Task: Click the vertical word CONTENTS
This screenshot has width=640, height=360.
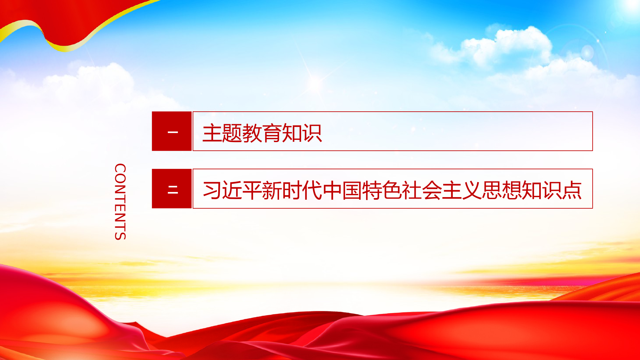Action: tap(120, 202)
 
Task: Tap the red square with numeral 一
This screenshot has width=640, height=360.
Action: tap(172, 131)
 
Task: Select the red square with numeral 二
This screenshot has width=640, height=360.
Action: tap(172, 189)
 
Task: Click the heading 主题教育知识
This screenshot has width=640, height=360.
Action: tap(262, 133)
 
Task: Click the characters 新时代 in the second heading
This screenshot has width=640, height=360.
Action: tap(292, 190)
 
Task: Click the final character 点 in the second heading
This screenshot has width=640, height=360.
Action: tap(572, 190)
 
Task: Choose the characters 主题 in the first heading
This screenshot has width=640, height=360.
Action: tap(222, 133)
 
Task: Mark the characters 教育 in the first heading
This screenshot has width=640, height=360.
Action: tap(262, 133)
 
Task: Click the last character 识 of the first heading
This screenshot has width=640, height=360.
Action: tap(312, 133)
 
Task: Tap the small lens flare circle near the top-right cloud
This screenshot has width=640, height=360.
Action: tap(588, 52)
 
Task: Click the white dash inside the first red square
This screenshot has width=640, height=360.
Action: tap(173, 132)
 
